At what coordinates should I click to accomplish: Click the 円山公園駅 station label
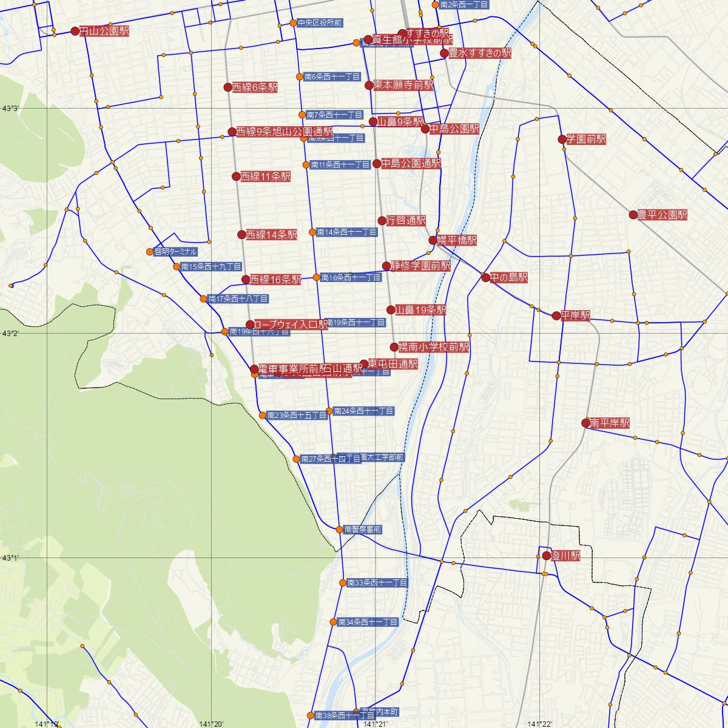(104, 31)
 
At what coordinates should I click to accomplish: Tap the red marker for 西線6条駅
(228, 87)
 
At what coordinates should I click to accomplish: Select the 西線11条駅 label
(265, 177)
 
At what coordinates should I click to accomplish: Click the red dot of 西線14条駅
(242, 235)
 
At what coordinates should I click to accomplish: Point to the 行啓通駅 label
(406, 220)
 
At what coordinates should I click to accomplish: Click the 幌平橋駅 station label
(457, 240)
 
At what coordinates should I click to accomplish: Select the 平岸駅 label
(575, 315)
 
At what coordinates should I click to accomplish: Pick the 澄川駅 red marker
(547, 556)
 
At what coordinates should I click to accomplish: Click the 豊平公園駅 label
(662, 215)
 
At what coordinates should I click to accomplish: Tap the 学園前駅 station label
(586, 139)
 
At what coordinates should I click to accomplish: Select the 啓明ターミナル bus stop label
(175, 251)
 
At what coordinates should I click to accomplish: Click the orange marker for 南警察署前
(340, 530)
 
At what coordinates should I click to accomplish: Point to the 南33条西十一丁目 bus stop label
(377, 582)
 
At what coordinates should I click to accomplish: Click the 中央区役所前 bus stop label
(320, 23)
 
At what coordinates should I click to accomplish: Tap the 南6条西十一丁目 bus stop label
(332, 77)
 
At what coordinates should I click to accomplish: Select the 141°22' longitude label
(540, 724)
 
